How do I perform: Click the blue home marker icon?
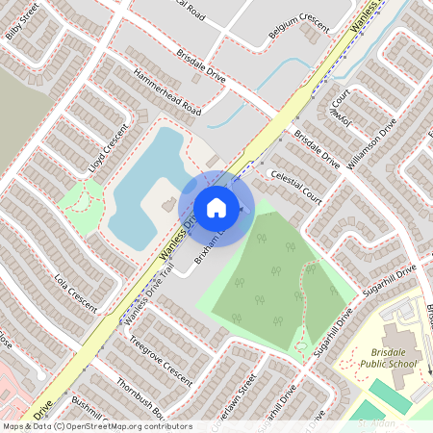tap(216, 208)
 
